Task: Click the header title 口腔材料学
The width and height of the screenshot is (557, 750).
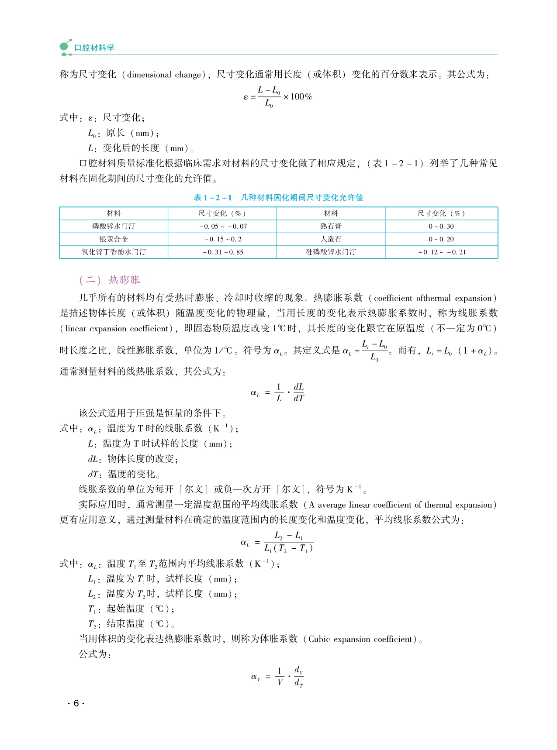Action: coord(94,48)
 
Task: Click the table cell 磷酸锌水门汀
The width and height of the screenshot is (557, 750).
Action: coord(114,226)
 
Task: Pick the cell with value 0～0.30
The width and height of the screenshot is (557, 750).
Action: coord(441,226)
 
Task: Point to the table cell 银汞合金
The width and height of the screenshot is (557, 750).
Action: coord(114,239)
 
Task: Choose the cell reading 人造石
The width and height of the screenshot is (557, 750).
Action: coord(331,239)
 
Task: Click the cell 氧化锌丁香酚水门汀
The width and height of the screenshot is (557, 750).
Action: coord(114,252)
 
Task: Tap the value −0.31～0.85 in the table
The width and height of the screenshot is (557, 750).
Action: coord(223,252)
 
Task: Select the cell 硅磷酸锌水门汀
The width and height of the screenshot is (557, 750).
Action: coord(331,252)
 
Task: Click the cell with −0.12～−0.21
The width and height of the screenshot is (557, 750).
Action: coord(442,252)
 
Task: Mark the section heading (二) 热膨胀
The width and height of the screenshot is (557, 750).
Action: coord(110,280)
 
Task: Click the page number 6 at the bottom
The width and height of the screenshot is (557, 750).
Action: coord(76,703)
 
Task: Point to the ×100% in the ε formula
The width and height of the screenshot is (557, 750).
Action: coord(298,97)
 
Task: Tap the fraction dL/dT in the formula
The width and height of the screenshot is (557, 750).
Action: coord(299,392)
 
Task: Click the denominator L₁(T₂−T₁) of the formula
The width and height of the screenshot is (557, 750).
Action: coord(289,548)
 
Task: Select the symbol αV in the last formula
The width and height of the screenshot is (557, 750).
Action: coord(256,677)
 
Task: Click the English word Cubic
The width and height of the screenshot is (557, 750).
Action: coord(319,639)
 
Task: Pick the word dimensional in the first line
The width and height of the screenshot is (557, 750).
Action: coord(149,75)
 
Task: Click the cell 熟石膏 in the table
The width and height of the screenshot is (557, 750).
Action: coord(331,226)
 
